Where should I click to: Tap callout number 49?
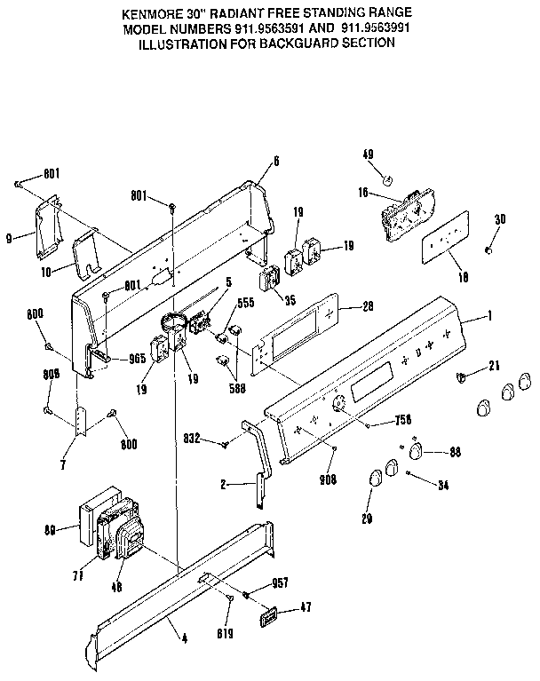[368, 154]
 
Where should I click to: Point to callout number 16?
[363, 191]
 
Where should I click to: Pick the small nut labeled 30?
[488, 250]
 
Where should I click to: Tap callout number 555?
[244, 302]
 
